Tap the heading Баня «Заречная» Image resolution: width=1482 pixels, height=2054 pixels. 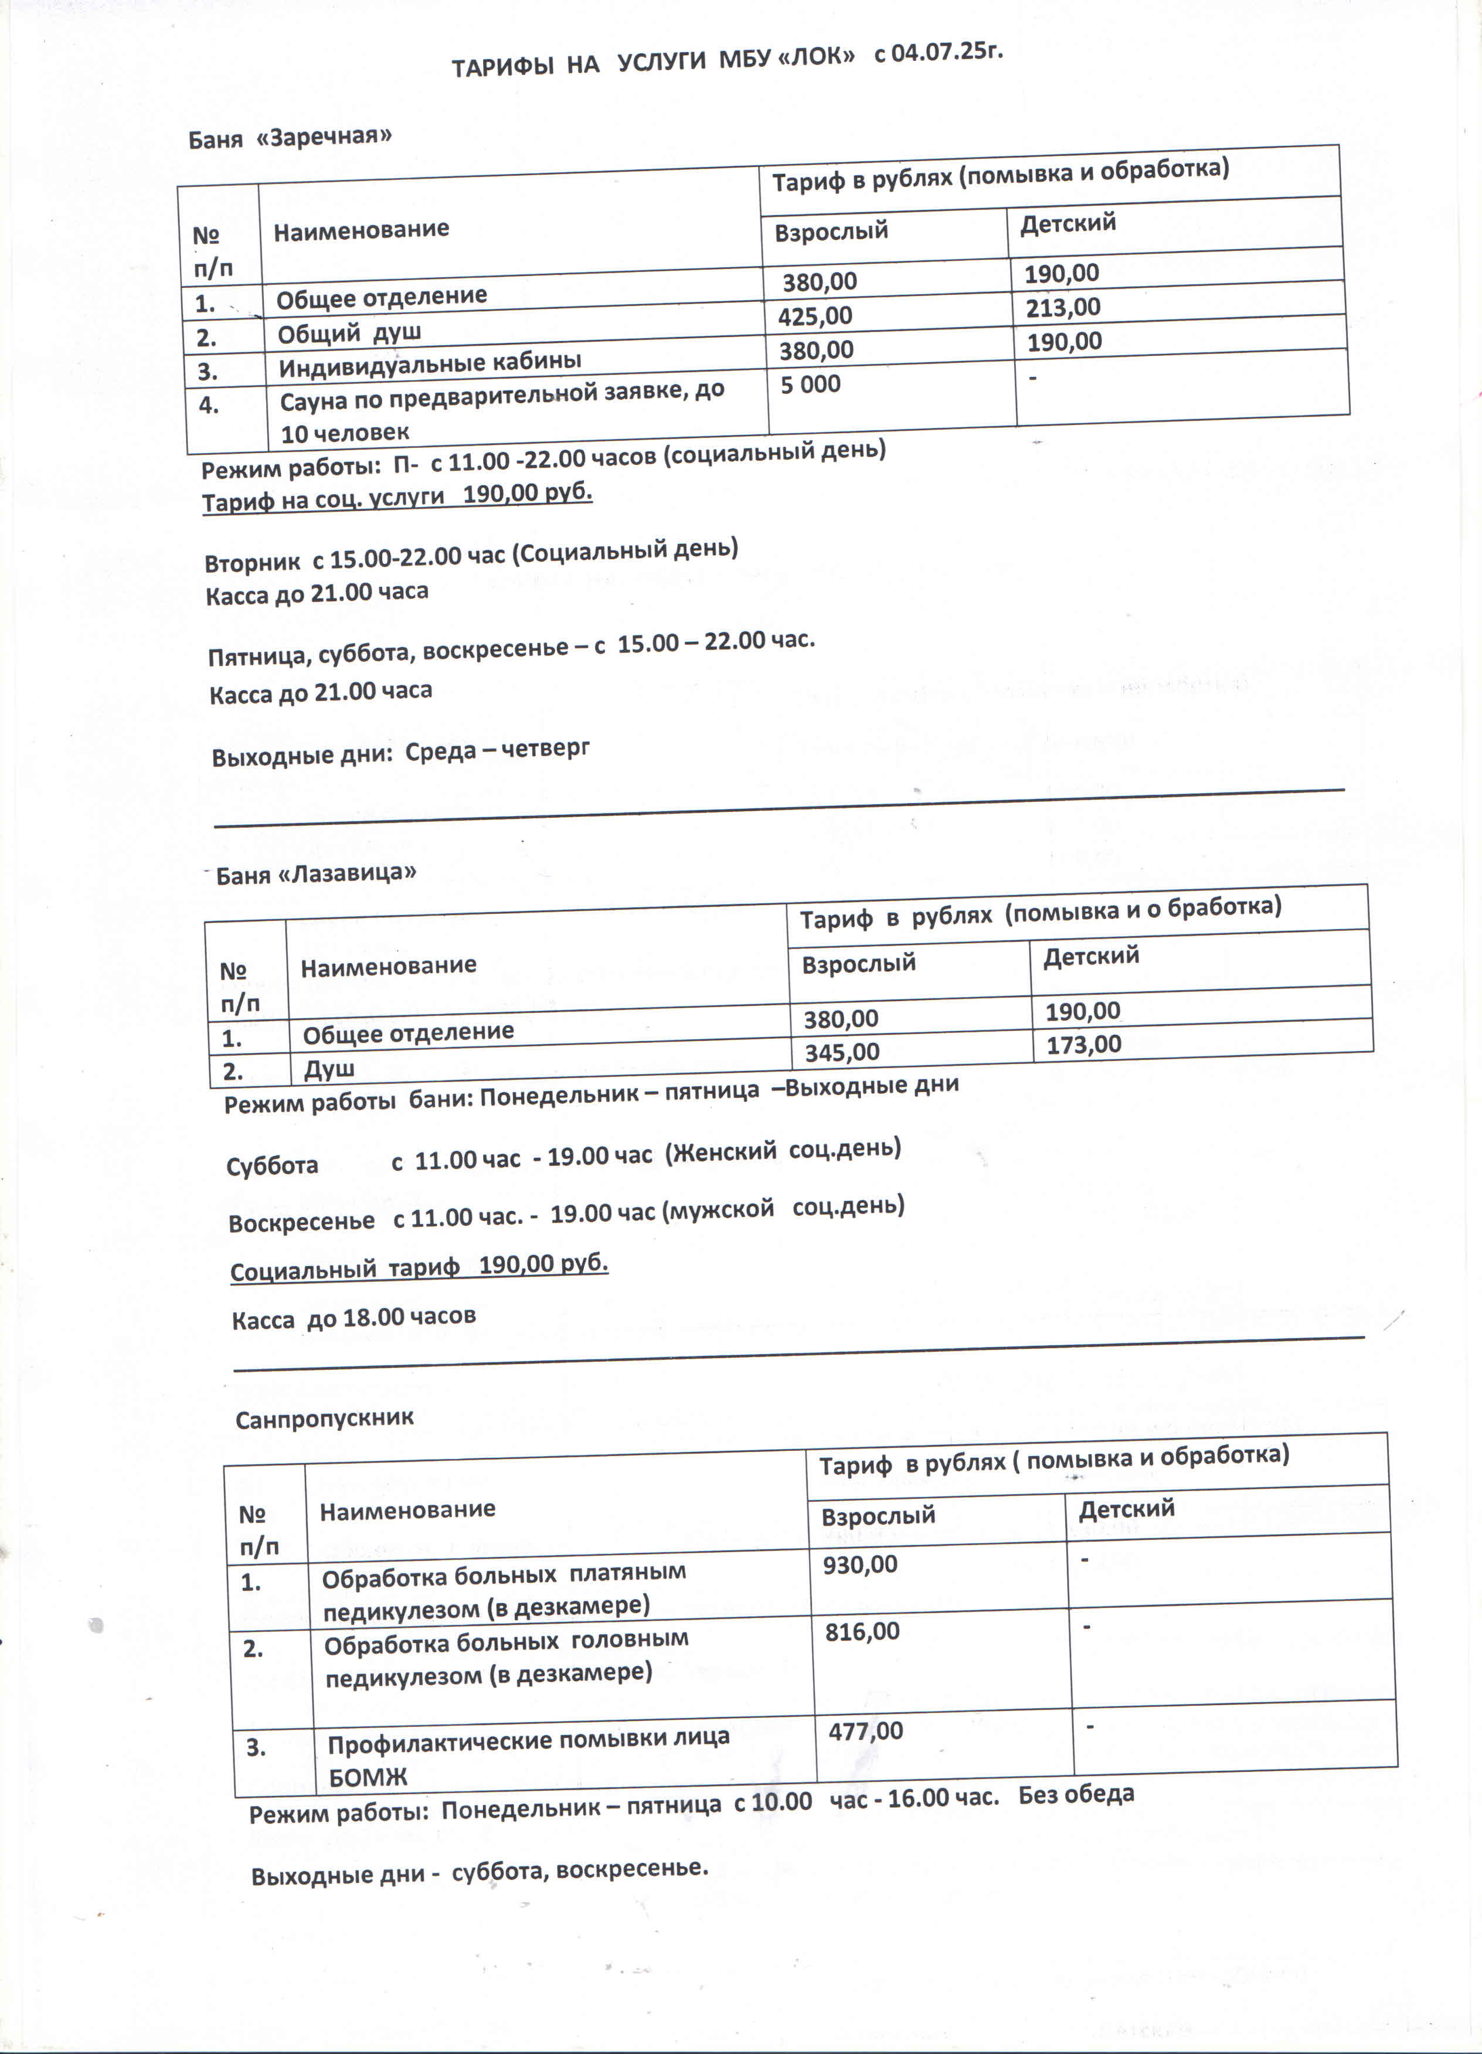[x=290, y=138]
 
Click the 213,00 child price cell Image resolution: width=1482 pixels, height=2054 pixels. [x=1063, y=308]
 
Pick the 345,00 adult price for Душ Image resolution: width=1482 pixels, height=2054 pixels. [x=842, y=1052]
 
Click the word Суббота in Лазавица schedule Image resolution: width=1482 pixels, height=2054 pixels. [x=272, y=1165]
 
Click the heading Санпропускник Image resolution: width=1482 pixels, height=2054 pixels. [x=324, y=1417]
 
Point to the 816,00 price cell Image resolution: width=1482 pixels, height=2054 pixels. [x=862, y=1632]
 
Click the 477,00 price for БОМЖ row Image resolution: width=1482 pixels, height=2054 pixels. [x=865, y=1730]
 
